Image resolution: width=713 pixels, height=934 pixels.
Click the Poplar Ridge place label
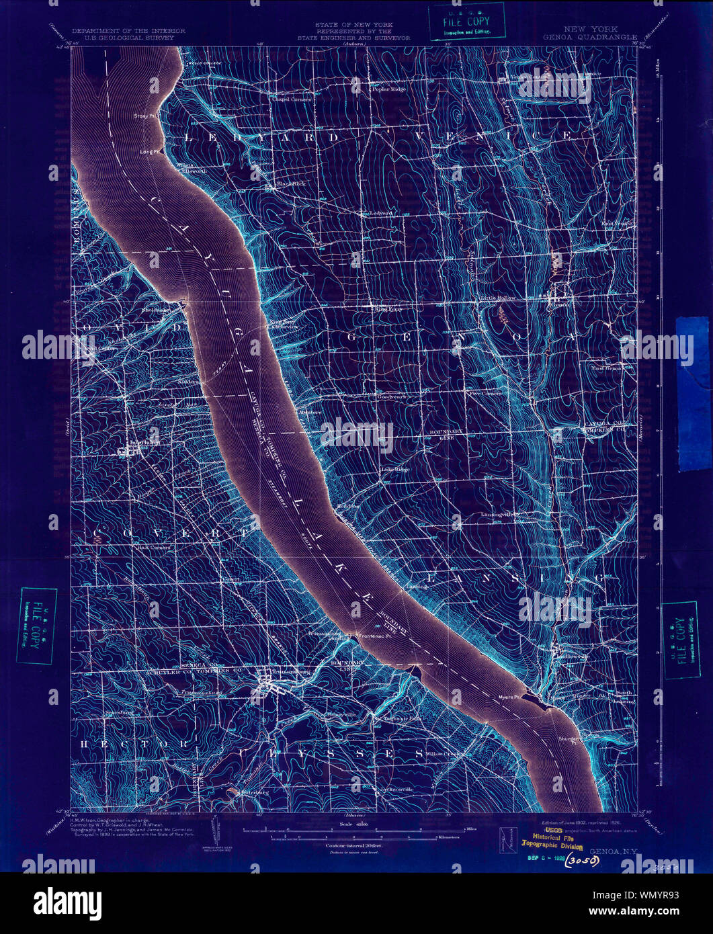[389, 88]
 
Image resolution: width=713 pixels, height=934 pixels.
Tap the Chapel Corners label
[292, 99]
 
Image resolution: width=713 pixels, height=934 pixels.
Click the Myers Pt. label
[509, 697]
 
